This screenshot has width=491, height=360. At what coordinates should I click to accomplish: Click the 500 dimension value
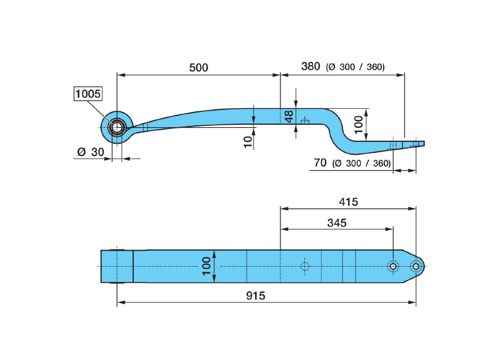click(x=198, y=68)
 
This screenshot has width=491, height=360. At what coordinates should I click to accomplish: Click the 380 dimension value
click(x=311, y=66)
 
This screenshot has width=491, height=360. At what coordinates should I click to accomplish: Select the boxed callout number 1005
click(x=88, y=94)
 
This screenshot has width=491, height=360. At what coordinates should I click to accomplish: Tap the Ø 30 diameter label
click(x=90, y=152)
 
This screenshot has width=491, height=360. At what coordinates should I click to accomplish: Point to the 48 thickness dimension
click(x=288, y=116)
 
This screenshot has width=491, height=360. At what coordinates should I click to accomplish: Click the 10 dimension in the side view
click(x=247, y=141)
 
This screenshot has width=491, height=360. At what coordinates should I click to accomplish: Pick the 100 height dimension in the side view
click(x=359, y=125)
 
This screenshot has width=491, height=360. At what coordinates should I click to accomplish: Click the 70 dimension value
click(x=319, y=163)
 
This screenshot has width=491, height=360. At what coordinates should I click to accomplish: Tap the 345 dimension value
click(x=336, y=223)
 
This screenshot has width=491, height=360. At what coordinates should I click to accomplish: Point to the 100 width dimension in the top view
click(x=206, y=266)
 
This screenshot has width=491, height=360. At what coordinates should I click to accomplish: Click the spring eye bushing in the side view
click(x=116, y=127)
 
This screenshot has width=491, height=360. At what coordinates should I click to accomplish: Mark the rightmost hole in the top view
click(x=416, y=266)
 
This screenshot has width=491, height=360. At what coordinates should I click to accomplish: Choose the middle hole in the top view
click(x=393, y=266)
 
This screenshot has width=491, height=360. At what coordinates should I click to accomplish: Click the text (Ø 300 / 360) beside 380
click(x=356, y=67)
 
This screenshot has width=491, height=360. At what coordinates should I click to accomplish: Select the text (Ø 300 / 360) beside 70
click(x=361, y=163)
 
